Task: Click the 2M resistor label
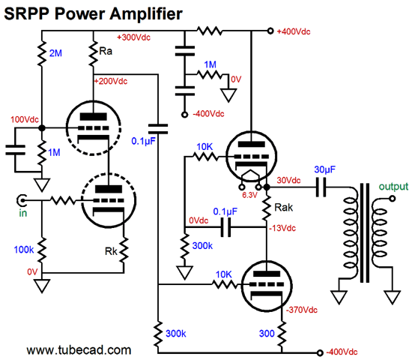(x=55, y=53)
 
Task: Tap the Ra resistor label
(x=106, y=51)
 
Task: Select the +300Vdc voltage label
(x=134, y=37)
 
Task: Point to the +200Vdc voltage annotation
(x=111, y=81)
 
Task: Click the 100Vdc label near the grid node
(x=25, y=120)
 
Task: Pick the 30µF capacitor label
(x=325, y=169)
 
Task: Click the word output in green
(x=393, y=187)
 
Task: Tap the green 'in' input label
(x=23, y=213)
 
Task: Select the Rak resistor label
(x=283, y=207)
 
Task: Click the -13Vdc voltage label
(x=282, y=228)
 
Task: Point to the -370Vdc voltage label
(x=302, y=310)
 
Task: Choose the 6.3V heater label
(x=249, y=195)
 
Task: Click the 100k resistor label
(x=24, y=250)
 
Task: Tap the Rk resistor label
(x=111, y=251)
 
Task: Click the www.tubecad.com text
(x=79, y=350)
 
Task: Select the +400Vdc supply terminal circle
(x=270, y=31)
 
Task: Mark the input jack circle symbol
(x=22, y=201)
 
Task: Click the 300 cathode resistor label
(x=267, y=334)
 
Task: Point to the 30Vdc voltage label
(x=288, y=180)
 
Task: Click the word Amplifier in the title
(x=146, y=13)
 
